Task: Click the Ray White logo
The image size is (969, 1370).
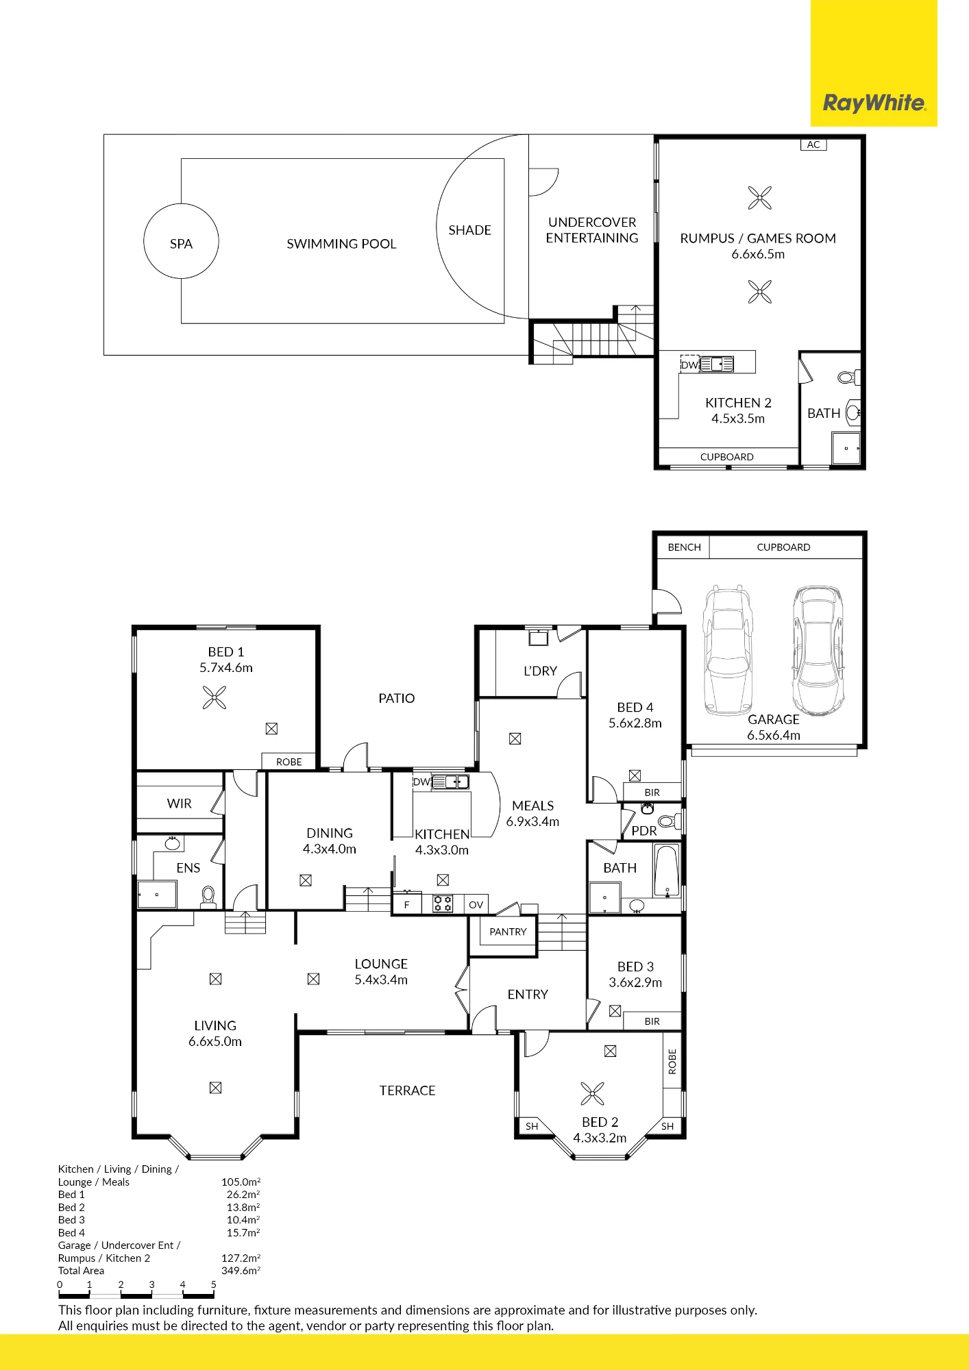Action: point(874,103)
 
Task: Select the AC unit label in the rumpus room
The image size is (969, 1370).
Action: point(813,145)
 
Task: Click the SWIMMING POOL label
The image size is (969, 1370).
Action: point(341,244)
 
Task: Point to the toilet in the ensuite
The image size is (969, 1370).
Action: point(208,896)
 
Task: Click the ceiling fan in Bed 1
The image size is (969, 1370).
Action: point(214,699)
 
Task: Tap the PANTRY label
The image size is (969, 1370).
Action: point(508,932)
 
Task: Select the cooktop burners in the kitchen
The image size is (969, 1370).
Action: point(443,904)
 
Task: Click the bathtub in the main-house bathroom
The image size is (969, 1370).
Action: point(667,870)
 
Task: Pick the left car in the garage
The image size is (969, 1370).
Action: point(727,650)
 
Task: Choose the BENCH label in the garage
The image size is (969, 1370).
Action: point(684,547)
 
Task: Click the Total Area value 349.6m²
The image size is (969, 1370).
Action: point(241,1271)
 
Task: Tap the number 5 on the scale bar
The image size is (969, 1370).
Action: point(213,1284)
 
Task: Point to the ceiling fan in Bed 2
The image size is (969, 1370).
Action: point(592,1094)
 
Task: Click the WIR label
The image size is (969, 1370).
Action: point(180,804)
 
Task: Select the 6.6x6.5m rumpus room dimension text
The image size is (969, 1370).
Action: point(758,254)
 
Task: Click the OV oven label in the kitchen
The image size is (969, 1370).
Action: point(476,905)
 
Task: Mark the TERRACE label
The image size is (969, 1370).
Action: point(408,1091)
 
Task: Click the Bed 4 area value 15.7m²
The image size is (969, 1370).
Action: point(243,1233)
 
